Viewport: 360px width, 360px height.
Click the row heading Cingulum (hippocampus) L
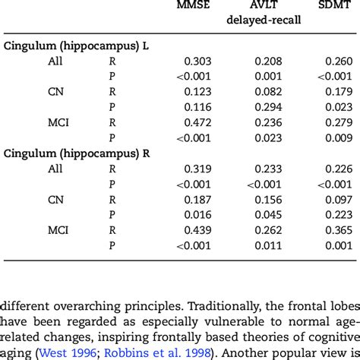click(x=76, y=46)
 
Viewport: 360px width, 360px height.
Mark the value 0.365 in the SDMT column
click(x=339, y=229)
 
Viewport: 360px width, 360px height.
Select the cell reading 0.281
click(x=339, y=214)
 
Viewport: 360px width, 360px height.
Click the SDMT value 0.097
click(x=339, y=199)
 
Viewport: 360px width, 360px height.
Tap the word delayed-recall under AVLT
click(x=263, y=21)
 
